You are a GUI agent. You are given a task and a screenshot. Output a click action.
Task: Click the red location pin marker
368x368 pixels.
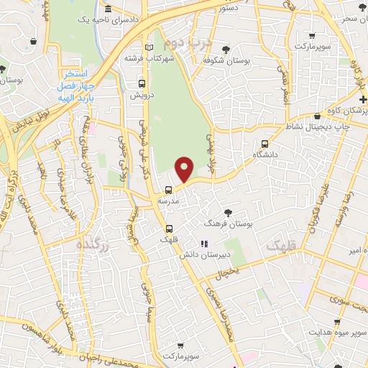click(185, 169)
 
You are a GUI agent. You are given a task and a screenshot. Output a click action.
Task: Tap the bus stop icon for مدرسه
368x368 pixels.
click(168, 190)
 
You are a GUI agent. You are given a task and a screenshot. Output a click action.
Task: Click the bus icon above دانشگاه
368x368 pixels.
click(266, 143)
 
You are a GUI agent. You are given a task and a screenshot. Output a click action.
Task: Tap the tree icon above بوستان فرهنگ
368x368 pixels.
click(228, 212)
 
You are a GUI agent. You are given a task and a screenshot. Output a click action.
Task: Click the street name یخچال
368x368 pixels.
click(228, 272)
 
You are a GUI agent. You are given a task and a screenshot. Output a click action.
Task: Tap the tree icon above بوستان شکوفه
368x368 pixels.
click(226, 50)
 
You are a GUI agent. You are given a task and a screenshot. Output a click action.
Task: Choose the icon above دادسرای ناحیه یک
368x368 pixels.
click(108, 9)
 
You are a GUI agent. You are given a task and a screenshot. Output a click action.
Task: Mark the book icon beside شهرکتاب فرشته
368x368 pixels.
click(149, 47)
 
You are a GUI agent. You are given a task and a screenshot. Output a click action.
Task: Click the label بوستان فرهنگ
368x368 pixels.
click(229, 225)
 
